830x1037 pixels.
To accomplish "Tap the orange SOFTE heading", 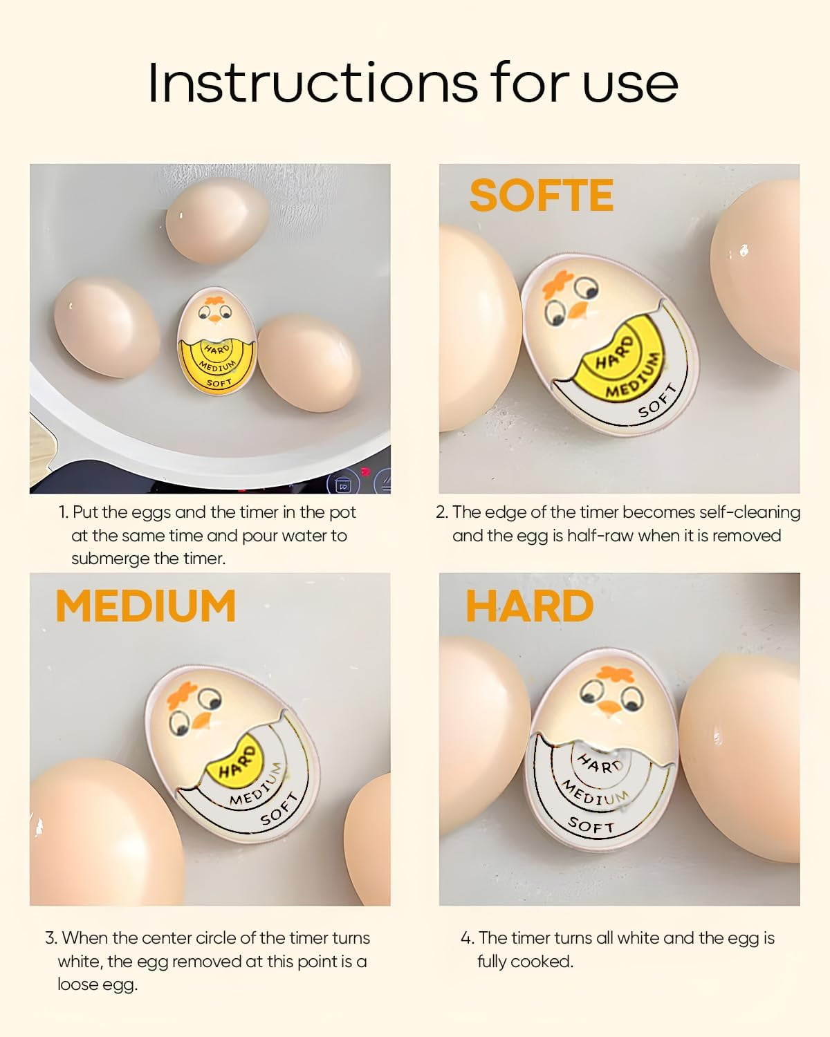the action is pyautogui.click(x=541, y=195).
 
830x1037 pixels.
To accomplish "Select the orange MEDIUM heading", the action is pyautogui.click(x=146, y=606).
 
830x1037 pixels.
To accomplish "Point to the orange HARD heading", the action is pyautogui.click(x=530, y=606).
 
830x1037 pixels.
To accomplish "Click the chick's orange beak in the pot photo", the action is pyautogui.click(x=214, y=319).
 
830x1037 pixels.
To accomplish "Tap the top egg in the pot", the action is pyautogui.click(x=216, y=221).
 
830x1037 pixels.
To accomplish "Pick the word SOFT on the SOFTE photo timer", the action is pyautogui.click(x=658, y=402).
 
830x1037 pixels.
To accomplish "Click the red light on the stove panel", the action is pyautogui.click(x=365, y=471).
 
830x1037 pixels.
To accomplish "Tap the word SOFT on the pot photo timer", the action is pyautogui.click(x=219, y=383).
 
